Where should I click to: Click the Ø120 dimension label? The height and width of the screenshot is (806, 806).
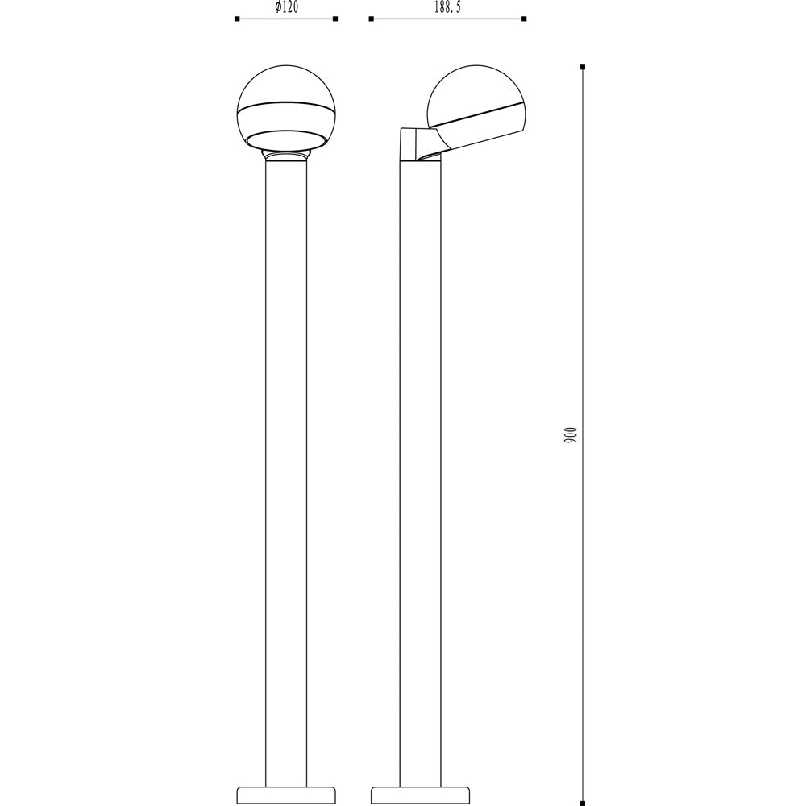point(286,8)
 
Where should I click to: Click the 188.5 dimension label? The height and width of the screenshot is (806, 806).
point(447,8)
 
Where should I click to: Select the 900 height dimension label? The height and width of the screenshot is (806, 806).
point(571,435)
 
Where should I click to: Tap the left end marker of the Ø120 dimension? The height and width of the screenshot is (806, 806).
point(237,19)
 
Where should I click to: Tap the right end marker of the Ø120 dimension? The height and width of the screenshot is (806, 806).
point(335,19)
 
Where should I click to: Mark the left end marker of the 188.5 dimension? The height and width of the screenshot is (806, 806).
point(371,19)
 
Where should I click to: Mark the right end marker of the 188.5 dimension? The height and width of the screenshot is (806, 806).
point(524,19)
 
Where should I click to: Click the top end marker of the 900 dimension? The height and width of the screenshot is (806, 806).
point(583,67)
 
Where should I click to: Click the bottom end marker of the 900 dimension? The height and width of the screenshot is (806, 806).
point(583,802)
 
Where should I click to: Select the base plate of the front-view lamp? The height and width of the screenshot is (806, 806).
point(286,795)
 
